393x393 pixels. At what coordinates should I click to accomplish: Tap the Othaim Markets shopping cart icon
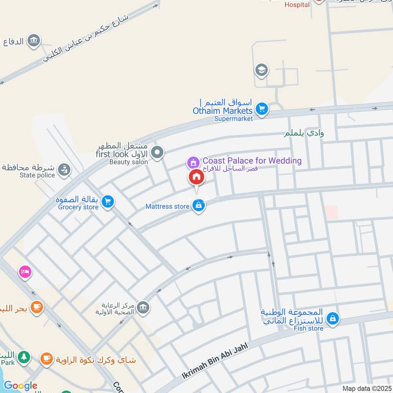(x=262, y=109)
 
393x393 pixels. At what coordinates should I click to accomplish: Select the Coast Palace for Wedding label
(x=252, y=161)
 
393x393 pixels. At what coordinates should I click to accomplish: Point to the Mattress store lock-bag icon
(x=198, y=205)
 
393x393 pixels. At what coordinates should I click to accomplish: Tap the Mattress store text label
(x=167, y=206)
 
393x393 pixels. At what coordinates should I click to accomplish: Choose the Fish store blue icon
(x=333, y=319)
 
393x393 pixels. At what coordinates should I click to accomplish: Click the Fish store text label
(x=309, y=328)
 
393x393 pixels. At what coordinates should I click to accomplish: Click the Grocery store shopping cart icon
(x=108, y=201)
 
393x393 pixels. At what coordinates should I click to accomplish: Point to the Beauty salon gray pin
(x=157, y=153)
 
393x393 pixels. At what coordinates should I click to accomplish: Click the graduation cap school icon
(x=261, y=71)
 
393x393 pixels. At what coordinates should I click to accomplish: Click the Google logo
(x=21, y=386)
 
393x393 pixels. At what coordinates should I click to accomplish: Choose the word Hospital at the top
(x=297, y=4)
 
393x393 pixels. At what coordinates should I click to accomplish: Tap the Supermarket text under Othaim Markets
(x=233, y=118)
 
